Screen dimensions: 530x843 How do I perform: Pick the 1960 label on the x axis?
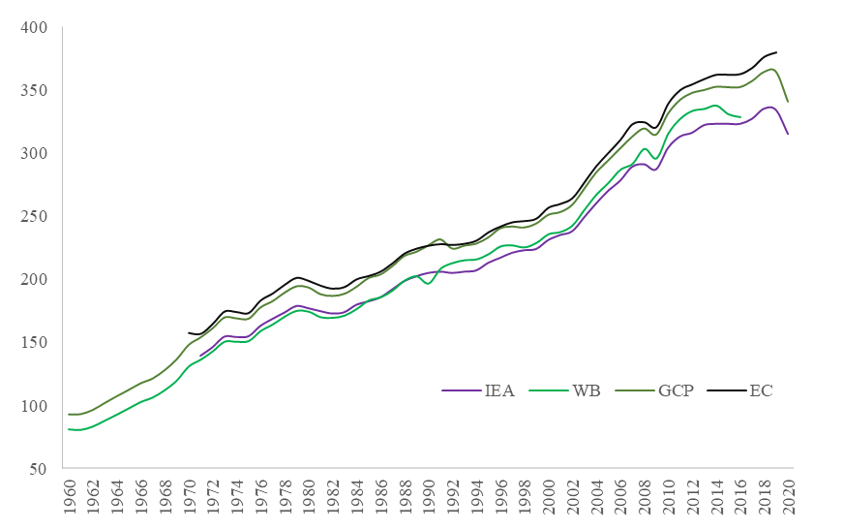click(x=70, y=499)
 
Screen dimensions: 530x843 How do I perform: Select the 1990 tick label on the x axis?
click(x=429, y=499)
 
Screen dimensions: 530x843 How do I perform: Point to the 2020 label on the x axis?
click(x=789, y=499)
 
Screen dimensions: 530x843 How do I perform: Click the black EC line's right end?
click(x=776, y=52)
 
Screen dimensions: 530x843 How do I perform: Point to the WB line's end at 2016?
click(x=740, y=117)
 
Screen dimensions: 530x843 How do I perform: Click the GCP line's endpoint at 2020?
click(x=788, y=102)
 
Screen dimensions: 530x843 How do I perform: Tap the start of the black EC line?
click(x=189, y=332)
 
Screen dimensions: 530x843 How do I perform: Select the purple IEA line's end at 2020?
click(x=788, y=135)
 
